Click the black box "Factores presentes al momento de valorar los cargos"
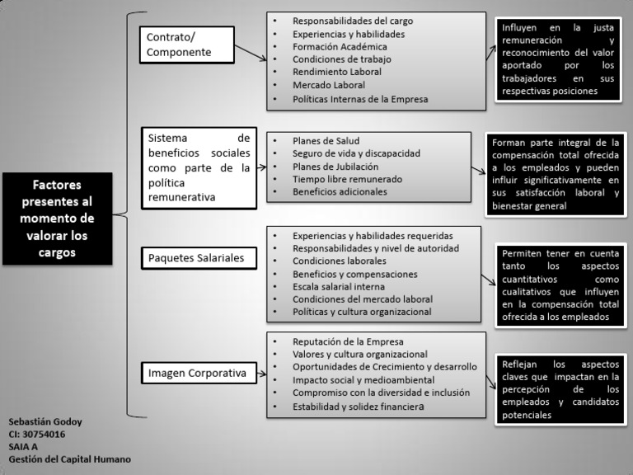[x=57, y=219]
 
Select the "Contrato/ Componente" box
[x=186, y=45]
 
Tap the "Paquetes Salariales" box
[x=196, y=258]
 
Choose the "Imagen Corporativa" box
[x=197, y=373]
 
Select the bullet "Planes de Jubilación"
[x=331, y=166]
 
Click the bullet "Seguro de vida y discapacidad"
[x=356, y=153]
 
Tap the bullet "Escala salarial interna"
[x=339, y=286]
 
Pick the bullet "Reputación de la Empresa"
[x=348, y=341]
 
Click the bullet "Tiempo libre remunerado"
[x=347, y=179]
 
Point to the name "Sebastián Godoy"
[x=45, y=422]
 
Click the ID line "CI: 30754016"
[x=37, y=435]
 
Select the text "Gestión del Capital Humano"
[x=69, y=459]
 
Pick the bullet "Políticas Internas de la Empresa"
[x=360, y=99]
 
